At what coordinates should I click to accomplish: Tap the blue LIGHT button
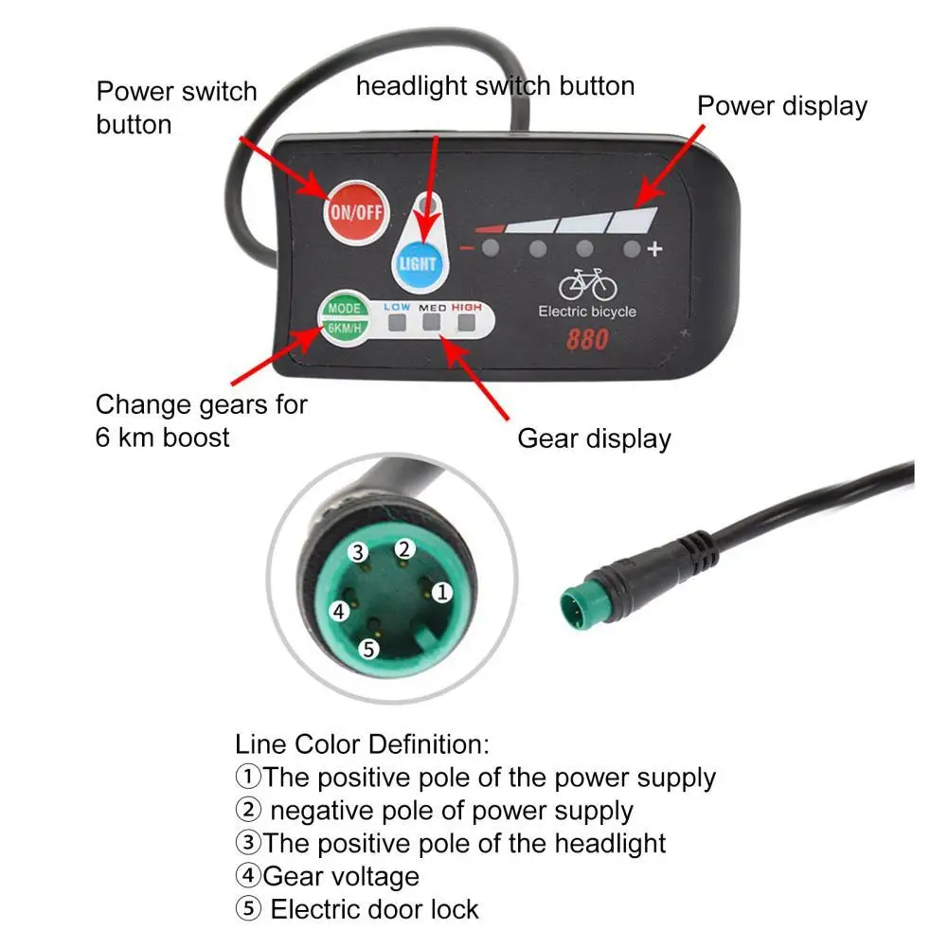coord(417,262)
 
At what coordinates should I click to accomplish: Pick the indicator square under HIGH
coord(466,324)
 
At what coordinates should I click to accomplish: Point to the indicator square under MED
coord(432,324)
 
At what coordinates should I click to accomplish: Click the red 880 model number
coord(587,340)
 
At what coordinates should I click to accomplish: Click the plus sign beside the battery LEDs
coord(653,250)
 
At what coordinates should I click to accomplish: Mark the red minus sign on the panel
coord(466,248)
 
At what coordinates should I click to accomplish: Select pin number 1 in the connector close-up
coord(442,592)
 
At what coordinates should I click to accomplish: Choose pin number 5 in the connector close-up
coord(368,649)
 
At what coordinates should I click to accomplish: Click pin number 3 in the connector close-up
coord(357,552)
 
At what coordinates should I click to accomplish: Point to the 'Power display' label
coord(782,106)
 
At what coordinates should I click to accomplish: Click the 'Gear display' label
coord(594,438)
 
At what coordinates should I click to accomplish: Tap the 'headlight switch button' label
coord(494,86)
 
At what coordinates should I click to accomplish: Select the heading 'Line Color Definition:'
coord(361,743)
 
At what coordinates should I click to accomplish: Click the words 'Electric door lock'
coord(374,910)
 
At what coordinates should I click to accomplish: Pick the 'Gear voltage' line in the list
coord(340,877)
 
